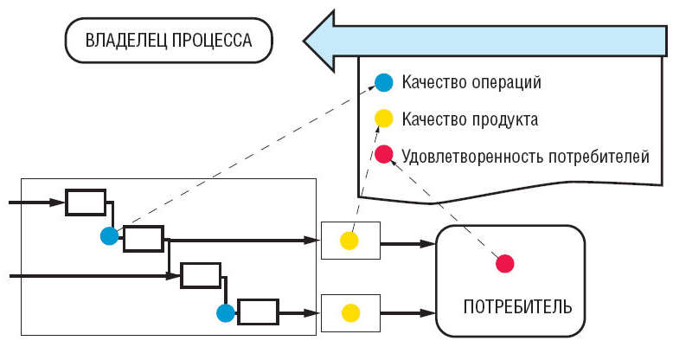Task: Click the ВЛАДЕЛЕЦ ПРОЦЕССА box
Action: point(169,41)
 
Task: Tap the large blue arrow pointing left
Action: point(484,39)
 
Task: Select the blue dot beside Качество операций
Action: point(383,83)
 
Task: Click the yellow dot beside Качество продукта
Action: point(383,119)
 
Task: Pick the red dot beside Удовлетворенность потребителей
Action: point(383,156)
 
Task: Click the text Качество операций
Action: point(471,83)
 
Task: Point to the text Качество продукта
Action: point(470,119)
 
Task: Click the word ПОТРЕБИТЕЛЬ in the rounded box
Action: point(516,307)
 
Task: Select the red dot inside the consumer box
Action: point(504,263)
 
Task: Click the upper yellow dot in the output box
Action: point(349,240)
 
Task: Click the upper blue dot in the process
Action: point(109,236)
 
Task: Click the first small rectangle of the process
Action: point(86,202)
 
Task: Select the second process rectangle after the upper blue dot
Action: point(144,238)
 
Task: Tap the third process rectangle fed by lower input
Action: point(201,275)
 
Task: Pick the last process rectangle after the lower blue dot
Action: point(258,311)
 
